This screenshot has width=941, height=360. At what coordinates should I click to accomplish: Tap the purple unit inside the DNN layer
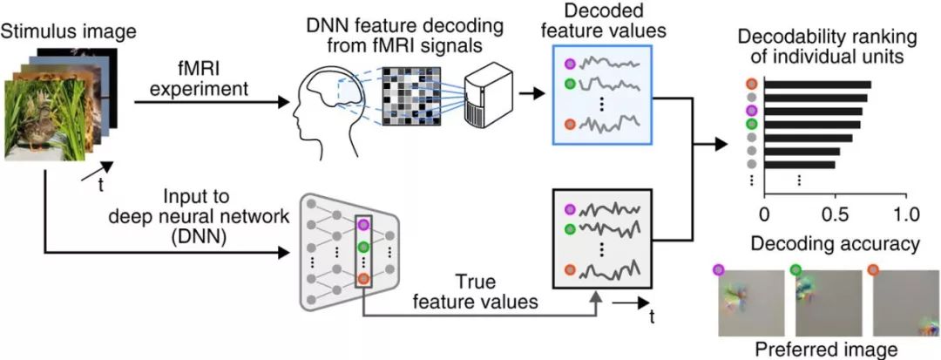coord(364,225)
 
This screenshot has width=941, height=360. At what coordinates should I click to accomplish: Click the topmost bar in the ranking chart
coord(817,85)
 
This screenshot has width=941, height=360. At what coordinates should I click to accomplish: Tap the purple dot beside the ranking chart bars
coord(752,112)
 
